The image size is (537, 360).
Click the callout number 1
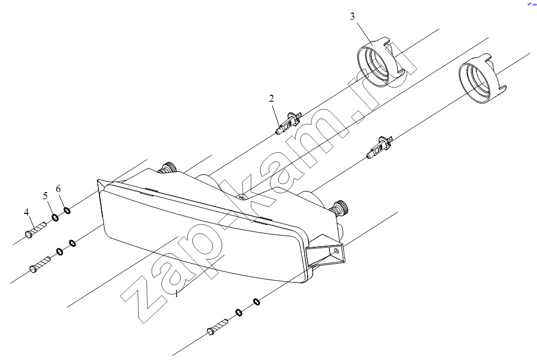pos(177,294)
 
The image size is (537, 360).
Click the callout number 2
pos(272,98)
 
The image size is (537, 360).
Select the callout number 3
pos(353,16)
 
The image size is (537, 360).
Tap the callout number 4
pos(27,212)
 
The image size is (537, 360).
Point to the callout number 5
pos(45,196)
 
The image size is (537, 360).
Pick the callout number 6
pos(58,189)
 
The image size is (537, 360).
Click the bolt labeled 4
pos(36,229)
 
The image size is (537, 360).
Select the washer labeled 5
pos(55,217)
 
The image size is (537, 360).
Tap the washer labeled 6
pos(67,210)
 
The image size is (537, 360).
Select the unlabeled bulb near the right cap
pos(379,147)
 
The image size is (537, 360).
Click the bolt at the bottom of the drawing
pos(217,327)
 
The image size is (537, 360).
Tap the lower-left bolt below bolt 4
pos(41,265)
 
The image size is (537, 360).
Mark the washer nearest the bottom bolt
pos(239,312)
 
